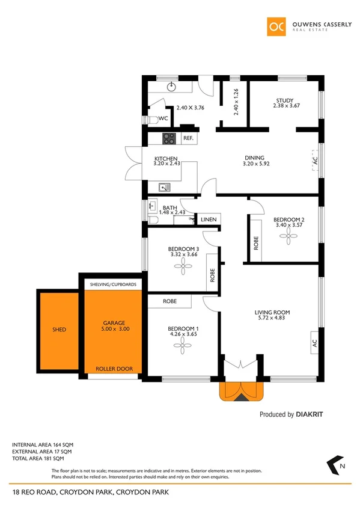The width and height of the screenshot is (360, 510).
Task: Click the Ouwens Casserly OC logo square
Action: coord(276,26)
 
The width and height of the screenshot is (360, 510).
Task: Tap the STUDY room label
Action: coord(284,100)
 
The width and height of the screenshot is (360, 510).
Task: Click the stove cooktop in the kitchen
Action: coord(169,139)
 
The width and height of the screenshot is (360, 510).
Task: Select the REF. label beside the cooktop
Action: coord(188,138)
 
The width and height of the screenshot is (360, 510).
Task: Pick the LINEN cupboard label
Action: coord(209,220)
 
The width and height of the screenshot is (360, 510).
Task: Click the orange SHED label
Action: coord(58,330)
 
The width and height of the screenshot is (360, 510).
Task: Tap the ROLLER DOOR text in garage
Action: coord(114,369)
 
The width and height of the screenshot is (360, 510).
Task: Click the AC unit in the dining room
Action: coord(315,161)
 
